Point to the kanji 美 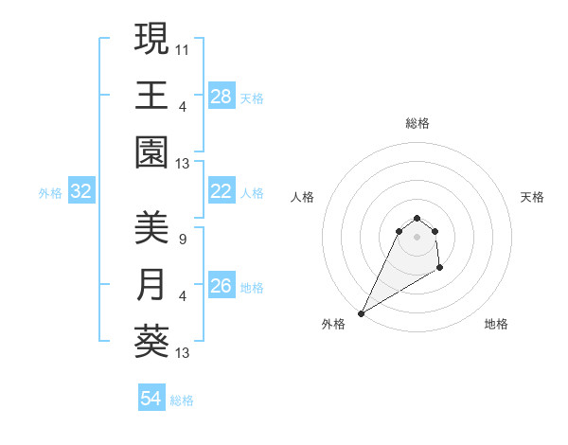click(x=151, y=227)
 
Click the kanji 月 click(x=151, y=285)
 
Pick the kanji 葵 click(x=151, y=342)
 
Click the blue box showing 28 click(x=221, y=97)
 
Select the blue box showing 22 click(x=221, y=192)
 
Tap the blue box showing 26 click(x=221, y=287)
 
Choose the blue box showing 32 click(x=81, y=192)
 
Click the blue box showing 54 click(x=151, y=399)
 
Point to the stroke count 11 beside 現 click(x=184, y=48)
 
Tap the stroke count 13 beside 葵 click(x=184, y=353)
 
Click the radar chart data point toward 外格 click(x=362, y=312)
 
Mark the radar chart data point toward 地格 click(x=440, y=270)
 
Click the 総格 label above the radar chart click(x=417, y=123)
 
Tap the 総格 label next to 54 click(x=182, y=400)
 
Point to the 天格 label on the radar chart click(x=532, y=197)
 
